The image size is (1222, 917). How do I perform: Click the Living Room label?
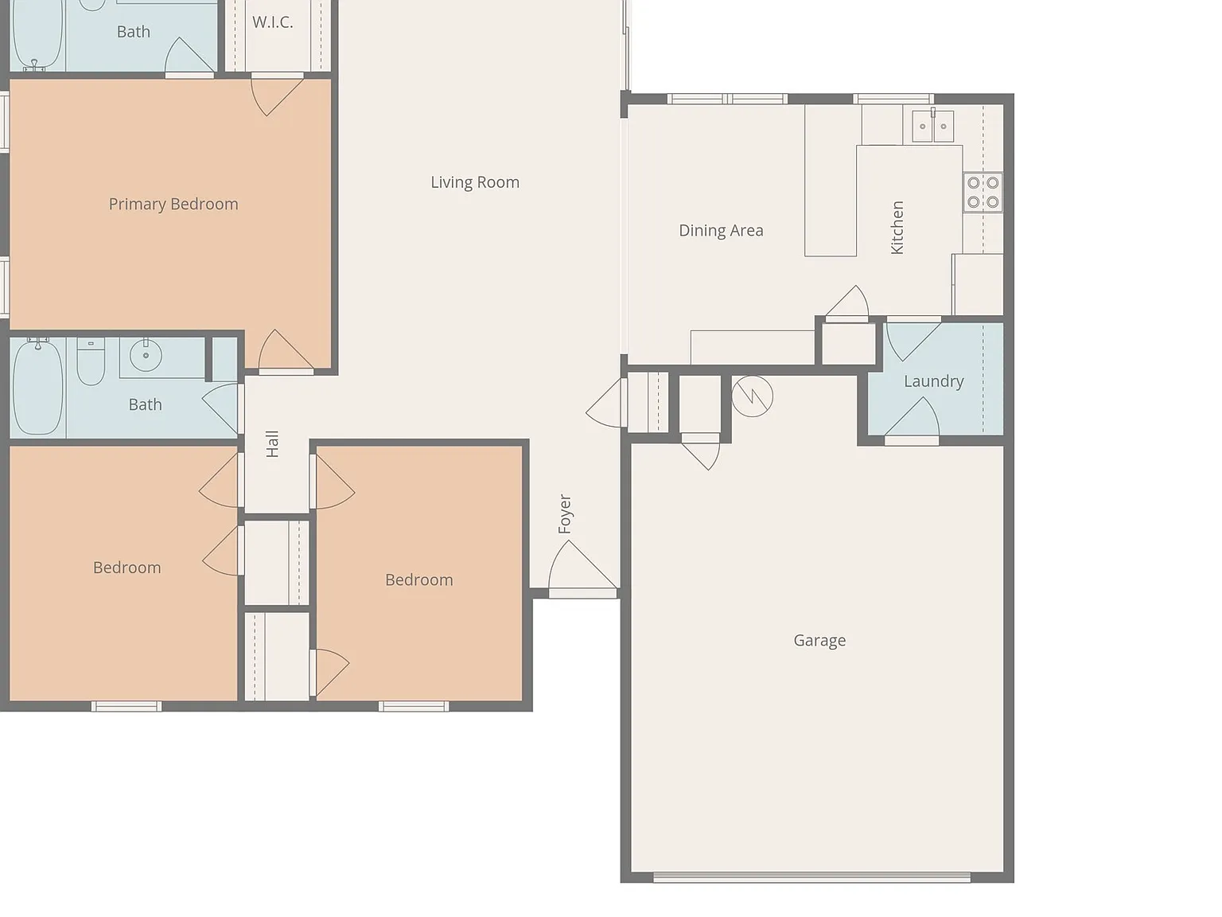pos(474,182)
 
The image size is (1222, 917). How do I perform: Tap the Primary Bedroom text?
pos(173,205)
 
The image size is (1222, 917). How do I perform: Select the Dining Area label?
pos(721,231)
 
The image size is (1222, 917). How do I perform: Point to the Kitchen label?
pos(897,227)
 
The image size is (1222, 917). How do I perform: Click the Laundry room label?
pos(934,381)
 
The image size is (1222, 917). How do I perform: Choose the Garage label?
pos(819,640)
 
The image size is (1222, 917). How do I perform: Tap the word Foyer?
pos(565,514)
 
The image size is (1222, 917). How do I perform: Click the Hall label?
pos(272,443)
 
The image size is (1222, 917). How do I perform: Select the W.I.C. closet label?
pos(272,22)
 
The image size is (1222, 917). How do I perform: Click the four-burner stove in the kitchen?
pos(983,192)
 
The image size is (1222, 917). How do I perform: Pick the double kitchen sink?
pos(932,126)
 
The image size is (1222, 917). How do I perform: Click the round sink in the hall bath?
pos(146,355)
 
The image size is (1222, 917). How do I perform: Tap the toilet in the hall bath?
pos(91,361)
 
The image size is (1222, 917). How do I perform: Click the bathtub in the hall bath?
pos(38,388)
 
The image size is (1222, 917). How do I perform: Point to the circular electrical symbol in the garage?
pos(752,396)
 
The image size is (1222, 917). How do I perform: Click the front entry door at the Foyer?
pos(583,593)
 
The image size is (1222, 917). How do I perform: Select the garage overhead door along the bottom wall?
pos(811,877)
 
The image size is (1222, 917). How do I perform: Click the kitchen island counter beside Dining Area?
pos(830,181)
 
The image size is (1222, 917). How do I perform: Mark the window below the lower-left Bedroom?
pos(126,707)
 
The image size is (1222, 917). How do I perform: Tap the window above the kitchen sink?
pos(893,100)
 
